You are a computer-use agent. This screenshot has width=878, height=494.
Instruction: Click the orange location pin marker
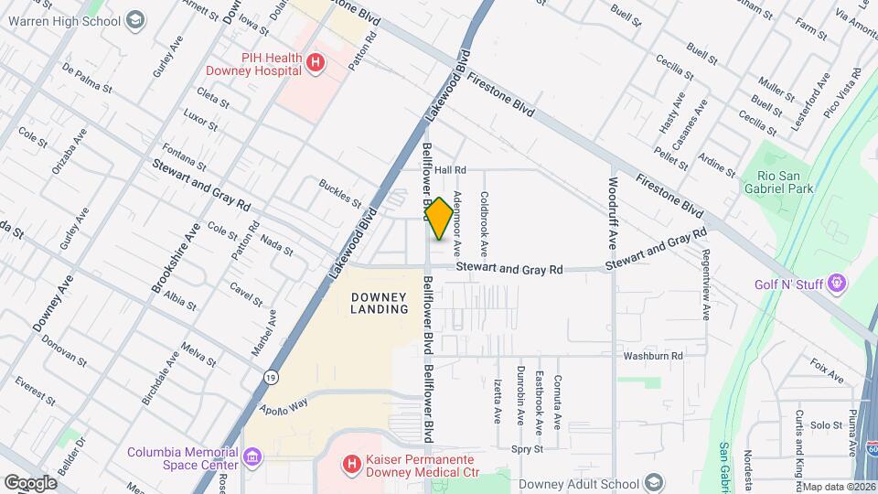[440, 219]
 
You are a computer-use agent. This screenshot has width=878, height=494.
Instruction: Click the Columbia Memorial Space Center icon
[251, 455]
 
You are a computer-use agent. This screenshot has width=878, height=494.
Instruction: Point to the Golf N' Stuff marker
[834, 285]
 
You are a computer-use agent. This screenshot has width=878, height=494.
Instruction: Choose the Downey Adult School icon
[654, 483]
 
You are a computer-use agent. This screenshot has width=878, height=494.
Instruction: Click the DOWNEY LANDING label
[379, 303]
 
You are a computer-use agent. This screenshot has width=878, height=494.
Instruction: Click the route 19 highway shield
[271, 376]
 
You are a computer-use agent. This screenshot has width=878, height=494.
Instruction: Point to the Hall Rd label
[450, 170]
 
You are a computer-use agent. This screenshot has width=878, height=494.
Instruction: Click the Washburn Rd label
[653, 356]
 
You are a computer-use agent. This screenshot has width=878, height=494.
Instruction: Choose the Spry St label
[527, 449]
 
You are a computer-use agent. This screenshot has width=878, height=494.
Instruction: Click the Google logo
[30, 482]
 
